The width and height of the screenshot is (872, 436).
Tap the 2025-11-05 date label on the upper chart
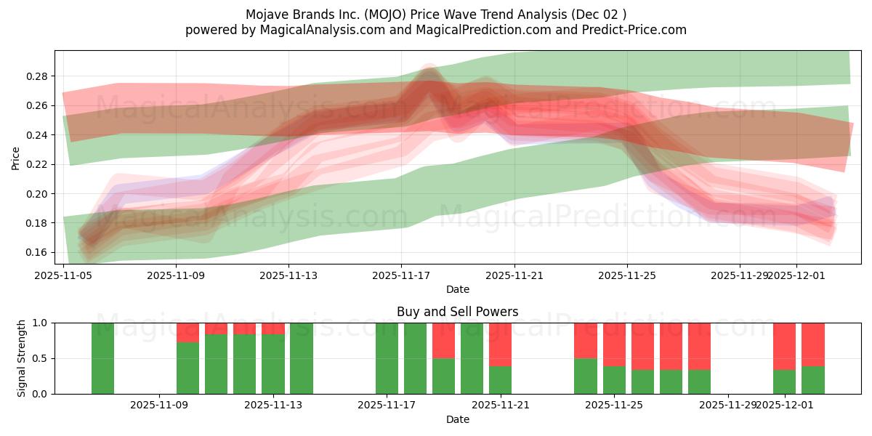(63, 275)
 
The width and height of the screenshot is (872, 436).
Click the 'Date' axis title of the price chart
(457, 289)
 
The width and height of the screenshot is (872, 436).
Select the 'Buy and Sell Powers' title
(457, 312)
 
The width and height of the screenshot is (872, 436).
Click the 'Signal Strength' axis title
(22, 358)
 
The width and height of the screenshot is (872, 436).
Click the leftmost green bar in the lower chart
(102, 358)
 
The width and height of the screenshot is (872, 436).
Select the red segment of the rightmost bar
(812, 344)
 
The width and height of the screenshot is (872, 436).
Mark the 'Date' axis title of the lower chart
(457, 419)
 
